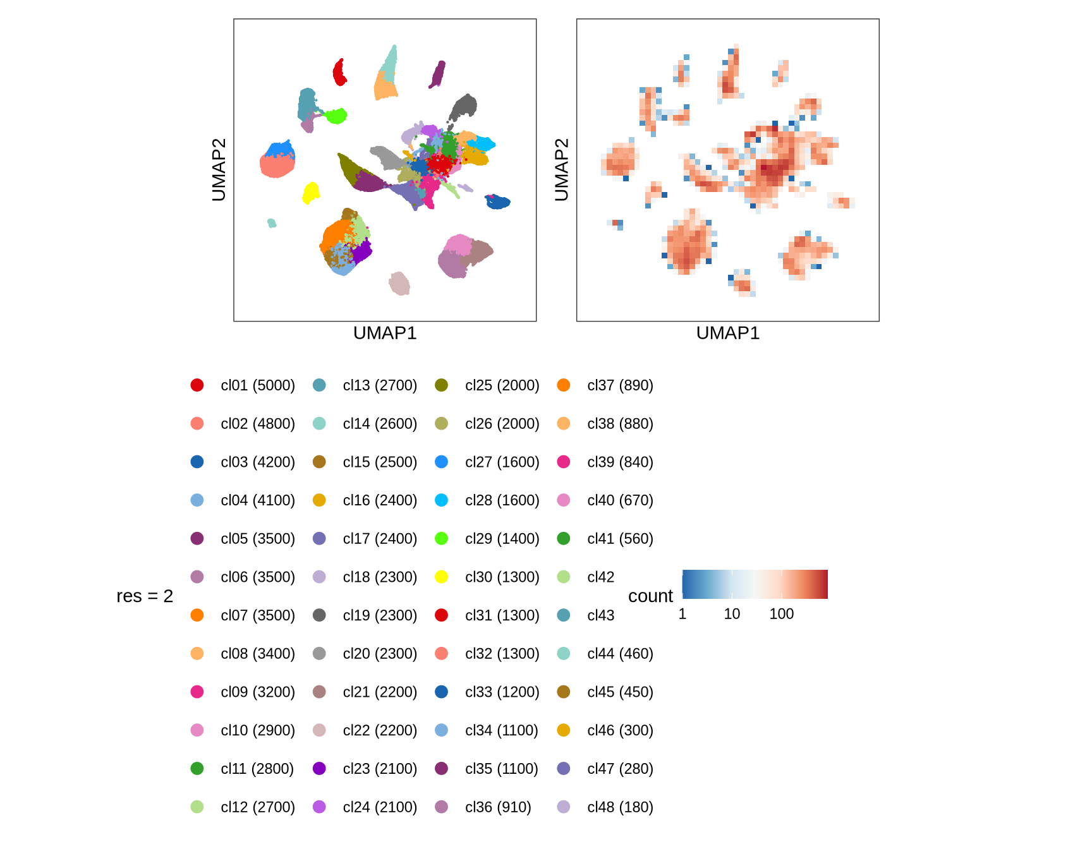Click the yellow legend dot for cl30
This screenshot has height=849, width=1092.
point(442,577)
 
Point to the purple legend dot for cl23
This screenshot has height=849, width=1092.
point(319,769)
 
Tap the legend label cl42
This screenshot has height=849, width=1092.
point(600,577)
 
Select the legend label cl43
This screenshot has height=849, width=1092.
point(600,615)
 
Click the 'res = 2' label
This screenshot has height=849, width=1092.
point(145,596)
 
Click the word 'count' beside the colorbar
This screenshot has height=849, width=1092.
point(650,596)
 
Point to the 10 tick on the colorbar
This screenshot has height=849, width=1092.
point(732,614)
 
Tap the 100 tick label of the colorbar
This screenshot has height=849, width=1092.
point(781,614)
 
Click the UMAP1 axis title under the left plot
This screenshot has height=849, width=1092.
point(385,333)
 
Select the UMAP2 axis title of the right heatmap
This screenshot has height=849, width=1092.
point(561,170)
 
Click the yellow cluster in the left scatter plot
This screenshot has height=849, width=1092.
point(310,192)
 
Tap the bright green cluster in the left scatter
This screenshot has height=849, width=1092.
point(336,116)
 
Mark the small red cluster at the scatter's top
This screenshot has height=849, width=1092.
point(339,73)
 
